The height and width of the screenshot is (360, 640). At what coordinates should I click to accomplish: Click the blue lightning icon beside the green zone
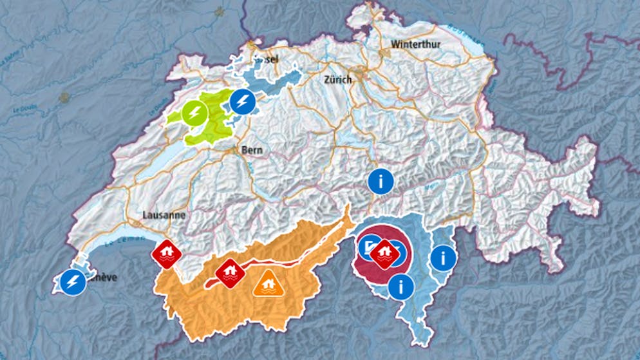click(x=242, y=102)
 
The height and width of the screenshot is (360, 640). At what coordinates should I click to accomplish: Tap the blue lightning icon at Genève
click(x=73, y=282)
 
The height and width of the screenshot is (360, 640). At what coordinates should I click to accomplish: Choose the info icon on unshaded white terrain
click(x=381, y=181)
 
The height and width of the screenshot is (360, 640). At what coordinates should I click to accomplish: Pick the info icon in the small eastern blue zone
click(x=443, y=259)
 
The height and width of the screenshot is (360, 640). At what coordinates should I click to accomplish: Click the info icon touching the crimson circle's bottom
click(x=401, y=286)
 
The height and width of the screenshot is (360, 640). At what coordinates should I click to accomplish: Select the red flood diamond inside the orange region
click(x=229, y=273)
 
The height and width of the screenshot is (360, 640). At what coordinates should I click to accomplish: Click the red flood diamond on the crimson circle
click(x=384, y=252)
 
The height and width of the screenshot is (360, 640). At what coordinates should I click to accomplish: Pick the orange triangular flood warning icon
click(x=267, y=283)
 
